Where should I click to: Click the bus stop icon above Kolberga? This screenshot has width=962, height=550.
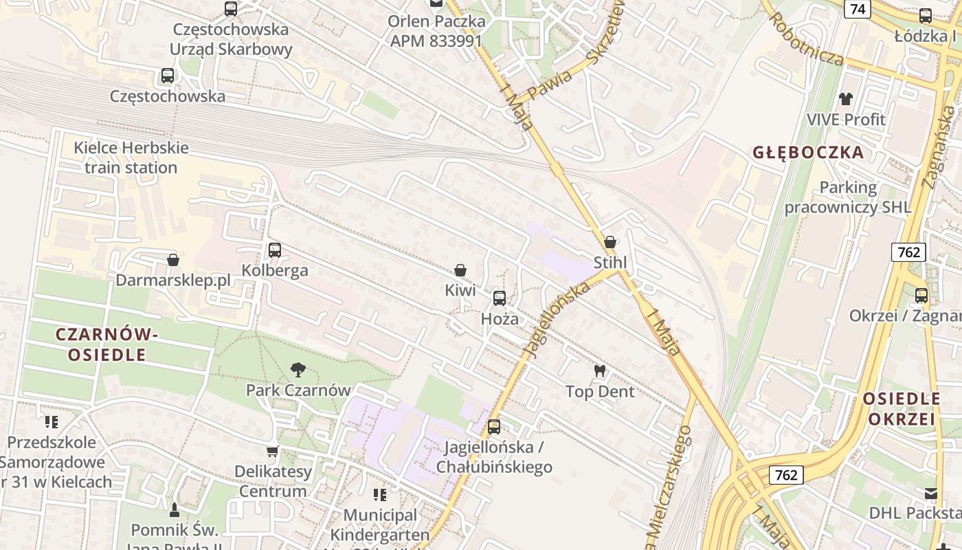coord(275,250)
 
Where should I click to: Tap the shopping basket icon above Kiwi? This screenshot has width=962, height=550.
coord(460,271)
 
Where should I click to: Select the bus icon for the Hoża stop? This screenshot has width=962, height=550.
coord(500,298)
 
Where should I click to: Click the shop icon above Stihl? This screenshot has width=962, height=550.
coord(609,242)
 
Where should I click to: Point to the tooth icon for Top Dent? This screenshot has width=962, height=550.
coord(600,371)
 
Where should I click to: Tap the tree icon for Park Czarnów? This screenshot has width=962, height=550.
coord(298,370)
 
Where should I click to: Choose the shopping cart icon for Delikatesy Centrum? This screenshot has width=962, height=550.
coord(273,452)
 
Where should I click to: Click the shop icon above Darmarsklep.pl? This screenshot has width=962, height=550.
coord(173,260)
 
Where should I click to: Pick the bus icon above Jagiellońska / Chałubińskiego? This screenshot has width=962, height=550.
coord(494,427)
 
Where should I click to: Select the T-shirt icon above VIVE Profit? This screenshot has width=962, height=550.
coord(846,99)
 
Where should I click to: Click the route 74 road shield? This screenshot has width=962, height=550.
coord(858,9)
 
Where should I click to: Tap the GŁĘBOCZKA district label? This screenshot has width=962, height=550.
coord(808,153)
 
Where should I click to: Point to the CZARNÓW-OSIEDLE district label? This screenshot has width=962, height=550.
coord(107,344)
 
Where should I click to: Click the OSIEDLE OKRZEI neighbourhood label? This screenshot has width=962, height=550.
coord(902,409)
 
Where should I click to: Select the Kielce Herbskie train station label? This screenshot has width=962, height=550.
coord(131,157)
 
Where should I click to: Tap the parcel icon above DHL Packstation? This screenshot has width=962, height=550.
coord(931,494)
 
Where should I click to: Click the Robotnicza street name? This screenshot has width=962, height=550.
coord(807,38)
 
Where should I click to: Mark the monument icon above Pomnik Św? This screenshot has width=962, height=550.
coord(175,509)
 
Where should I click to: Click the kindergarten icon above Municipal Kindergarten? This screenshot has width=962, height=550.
coord(380,495)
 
